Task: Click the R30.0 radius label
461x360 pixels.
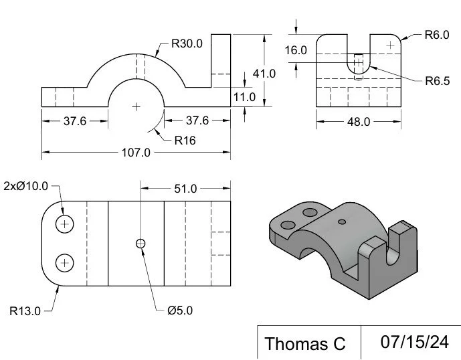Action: pyautogui.click(x=187, y=43)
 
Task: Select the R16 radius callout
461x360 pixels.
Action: pyautogui.click(x=185, y=141)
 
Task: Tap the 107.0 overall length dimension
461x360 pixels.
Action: pyautogui.click(x=136, y=153)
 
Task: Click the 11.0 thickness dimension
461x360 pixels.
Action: pyautogui.click(x=244, y=97)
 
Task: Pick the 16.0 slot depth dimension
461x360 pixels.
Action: pyautogui.click(x=295, y=50)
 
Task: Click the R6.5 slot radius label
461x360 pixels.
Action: pyautogui.click(x=438, y=81)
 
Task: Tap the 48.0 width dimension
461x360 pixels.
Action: pyautogui.click(x=358, y=122)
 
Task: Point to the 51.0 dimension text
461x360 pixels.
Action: pyautogui.click(x=185, y=189)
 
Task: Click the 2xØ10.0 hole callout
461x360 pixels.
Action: pyautogui.click(x=25, y=185)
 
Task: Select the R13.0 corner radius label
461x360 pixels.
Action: pyautogui.click(x=25, y=310)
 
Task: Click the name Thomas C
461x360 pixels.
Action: pyautogui.click(x=305, y=343)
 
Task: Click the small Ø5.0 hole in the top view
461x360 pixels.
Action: pyautogui.click(x=141, y=244)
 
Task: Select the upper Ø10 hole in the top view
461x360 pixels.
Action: pyautogui.click(x=64, y=223)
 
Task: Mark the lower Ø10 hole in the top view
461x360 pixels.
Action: pyautogui.click(x=64, y=263)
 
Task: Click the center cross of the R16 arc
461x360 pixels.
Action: pyautogui.click(x=136, y=106)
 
